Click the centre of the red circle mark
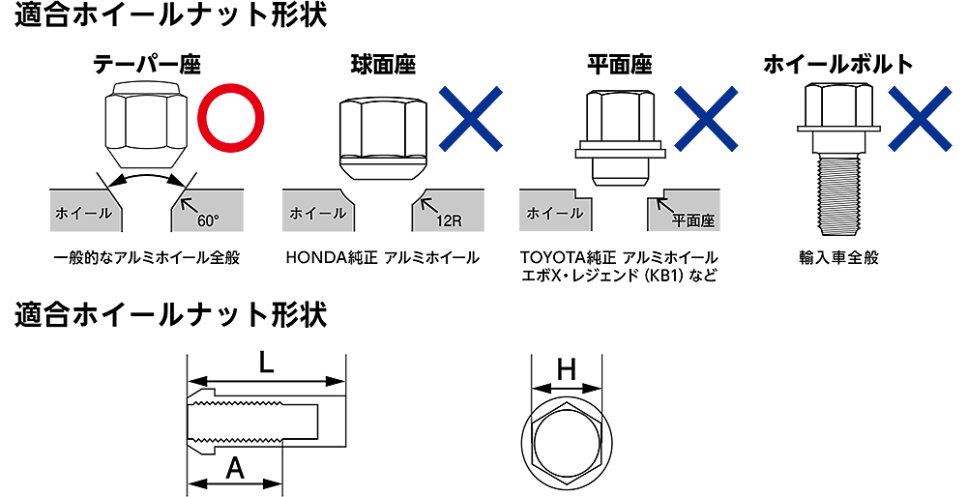(x=231, y=118)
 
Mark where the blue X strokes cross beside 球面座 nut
(x=471, y=119)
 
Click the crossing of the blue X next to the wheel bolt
(x=921, y=119)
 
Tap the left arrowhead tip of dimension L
(x=189, y=380)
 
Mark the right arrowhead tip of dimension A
(x=281, y=482)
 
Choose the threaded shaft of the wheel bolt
(x=836, y=195)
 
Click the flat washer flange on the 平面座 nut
(x=621, y=151)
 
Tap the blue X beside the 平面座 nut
(x=706, y=119)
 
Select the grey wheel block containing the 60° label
(x=207, y=210)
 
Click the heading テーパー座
(x=147, y=64)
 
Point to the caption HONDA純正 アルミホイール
(x=382, y=258)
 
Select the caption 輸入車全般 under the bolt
(x=837, y=258)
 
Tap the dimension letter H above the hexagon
(x=566, y=370)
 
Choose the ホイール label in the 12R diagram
(x=317, y=214)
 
